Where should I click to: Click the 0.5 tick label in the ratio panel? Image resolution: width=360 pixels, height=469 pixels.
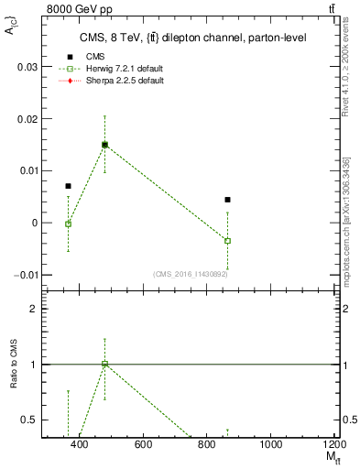[x=29, y=420]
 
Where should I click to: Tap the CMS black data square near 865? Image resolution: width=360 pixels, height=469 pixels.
[x=227, y=200]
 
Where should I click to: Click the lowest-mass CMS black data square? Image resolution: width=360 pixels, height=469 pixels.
[x=68, y=186]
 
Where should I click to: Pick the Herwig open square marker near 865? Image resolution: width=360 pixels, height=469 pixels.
[x=227, y=241]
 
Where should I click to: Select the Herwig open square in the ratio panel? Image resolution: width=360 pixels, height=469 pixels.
[x=104, y=364]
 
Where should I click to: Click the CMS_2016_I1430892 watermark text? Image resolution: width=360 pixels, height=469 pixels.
[x=190, y=274]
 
